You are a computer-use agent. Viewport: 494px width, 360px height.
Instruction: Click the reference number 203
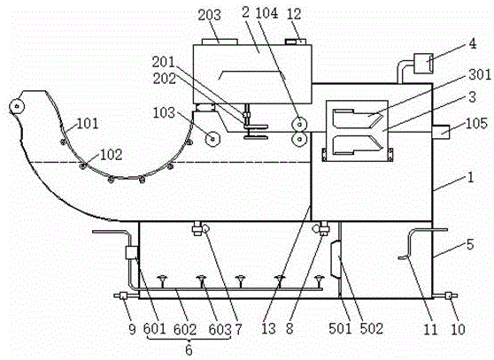pyautogui.click(x=209, y=15)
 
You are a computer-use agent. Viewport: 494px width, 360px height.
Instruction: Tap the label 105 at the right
pyautogui.click(x=476, y=123)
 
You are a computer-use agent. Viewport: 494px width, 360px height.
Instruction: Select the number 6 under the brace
pyautogui.click(x=189, y=349)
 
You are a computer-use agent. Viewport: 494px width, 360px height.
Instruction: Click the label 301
pyautogui.click(x=480, y=74)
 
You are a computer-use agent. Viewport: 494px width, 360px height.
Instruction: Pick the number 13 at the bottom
pyautogui.click(x=268, y=329)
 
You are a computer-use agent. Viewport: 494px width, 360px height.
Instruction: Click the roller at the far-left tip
pyautogui.click(x=17, y=106)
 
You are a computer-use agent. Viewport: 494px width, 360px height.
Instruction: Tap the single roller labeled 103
pyautogui.click(x=212, y=139)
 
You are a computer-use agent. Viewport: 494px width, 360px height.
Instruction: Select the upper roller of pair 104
pyautogui.click(x=299, y=123)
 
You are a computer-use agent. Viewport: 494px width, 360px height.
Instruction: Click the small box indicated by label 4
pyautogui.click(x=423, y=64)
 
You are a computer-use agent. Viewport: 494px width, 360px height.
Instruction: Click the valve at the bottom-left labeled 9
pyautogui.click(x=123, y=295)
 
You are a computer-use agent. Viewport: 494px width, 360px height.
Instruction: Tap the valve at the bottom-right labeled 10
pyautogui.click(x=448, y=295)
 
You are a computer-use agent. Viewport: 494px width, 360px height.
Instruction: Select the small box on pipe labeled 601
pyautogui.click(x=131, y=252)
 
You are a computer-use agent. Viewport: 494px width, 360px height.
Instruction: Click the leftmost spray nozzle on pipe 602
pyautogui.click(x=163, y=280)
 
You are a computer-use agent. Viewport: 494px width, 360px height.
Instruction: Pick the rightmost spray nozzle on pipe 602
pyautogui.click(x=319, y=280)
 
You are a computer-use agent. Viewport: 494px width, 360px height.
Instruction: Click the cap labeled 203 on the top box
pyautogui.click(x=220, y=42)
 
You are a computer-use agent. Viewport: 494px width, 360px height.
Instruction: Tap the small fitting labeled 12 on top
pyautogui.click(x=296, y=42)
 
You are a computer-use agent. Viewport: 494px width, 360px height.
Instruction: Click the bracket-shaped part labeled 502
pyautogui.click(x=336, y=258)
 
